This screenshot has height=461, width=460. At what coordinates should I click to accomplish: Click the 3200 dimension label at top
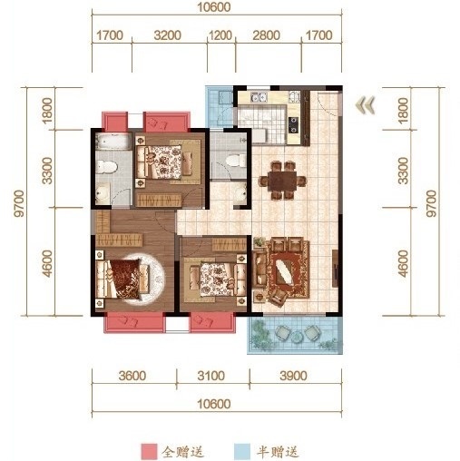click(167, 35)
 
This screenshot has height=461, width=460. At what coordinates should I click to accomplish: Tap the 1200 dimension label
click(220, 35)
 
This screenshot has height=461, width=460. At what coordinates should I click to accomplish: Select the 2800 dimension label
click(266, 35)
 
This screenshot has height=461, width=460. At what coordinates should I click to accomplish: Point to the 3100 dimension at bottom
click(211, 376)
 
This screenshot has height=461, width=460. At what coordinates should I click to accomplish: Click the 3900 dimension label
click(293, 376)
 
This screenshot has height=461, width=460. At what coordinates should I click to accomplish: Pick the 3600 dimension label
click(132, 376)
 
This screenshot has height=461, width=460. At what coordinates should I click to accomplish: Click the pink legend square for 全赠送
click(149, 452)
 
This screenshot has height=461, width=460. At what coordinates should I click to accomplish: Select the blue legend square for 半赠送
click(242, 452)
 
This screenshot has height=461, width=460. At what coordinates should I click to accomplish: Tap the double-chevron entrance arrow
click(366, 105)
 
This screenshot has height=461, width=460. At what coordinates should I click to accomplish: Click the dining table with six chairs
click(282, 181)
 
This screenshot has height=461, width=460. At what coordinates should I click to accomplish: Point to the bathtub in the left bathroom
click(113, 141)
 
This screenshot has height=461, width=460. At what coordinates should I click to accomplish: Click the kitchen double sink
click(259, 97)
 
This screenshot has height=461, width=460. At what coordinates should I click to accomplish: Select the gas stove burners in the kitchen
click(293, 125)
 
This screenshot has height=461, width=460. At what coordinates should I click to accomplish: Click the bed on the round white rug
click(122, 279)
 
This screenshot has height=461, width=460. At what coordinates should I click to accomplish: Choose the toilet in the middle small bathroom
click(236, 161)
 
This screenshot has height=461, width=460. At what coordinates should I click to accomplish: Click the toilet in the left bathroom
click(106, 167)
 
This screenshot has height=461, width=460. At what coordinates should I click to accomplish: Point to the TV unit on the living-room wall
click(335, 269)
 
